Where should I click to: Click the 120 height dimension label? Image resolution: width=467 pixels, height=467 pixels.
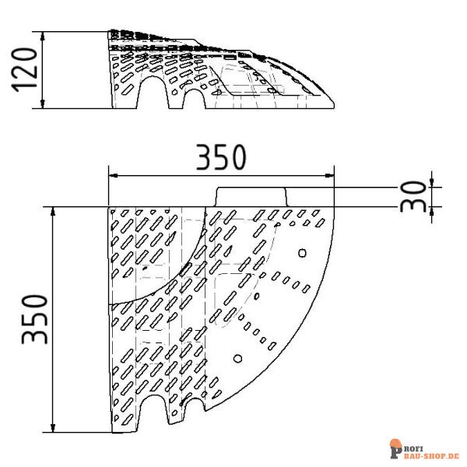(x=25, y=71)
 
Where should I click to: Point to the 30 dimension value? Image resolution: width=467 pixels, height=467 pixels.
(x=416, y=196)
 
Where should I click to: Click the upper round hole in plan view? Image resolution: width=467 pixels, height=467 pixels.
(x=302, y=252)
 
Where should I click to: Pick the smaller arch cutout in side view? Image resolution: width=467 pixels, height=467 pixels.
(x=192, y=100)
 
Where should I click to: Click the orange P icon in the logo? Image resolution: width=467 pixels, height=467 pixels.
(x=395, y=448)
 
